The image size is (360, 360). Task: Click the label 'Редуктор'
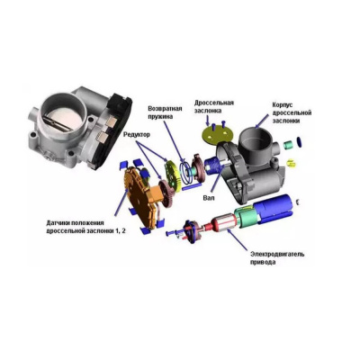click(x=137, y=135)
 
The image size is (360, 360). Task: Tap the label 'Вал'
click(x=209, y=198)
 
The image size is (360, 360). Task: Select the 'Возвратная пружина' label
click(x=165, y=112)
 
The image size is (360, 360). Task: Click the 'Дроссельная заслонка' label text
click(x=214, y=106)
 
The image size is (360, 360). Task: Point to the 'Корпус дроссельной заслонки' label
click(x=292, y=112)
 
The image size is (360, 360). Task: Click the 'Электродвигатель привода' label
click(x=277, y=258)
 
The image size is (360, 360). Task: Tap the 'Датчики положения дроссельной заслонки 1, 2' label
click(x=79, y=227)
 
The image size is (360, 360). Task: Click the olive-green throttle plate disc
click(x=218, y=132)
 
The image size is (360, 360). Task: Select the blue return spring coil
click(x=186, y=173)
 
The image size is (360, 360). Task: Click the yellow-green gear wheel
click(x=173, y=175)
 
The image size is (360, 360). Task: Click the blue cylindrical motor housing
click(x=273, y=208)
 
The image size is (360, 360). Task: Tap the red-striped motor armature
click(x=223, y=225)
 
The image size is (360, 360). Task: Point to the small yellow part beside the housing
click(x=292, y=163)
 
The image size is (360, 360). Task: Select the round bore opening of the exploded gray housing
click(x=256, y=132)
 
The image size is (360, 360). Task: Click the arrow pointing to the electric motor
click(x=238, y=239)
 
